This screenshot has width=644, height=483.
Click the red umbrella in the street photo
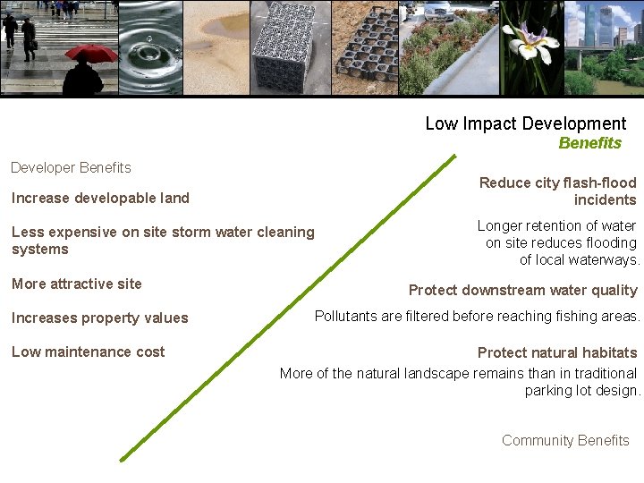(91, 53)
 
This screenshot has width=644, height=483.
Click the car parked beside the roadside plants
(437, 11)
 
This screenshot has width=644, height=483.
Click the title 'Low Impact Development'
(525, 123)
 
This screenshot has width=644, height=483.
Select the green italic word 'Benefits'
(589, 143)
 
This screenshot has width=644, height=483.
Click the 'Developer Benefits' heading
(71, 167)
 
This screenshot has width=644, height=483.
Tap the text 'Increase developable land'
(100, 198)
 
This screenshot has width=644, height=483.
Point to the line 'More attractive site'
(77, 284)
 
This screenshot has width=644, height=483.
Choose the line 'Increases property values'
(100, 318)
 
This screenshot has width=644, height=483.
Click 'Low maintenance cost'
(88, 352)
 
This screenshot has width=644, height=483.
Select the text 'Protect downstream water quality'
(522, 290)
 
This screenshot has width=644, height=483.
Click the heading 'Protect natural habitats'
(557, 352)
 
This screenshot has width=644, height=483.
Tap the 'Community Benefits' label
(565, 440)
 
